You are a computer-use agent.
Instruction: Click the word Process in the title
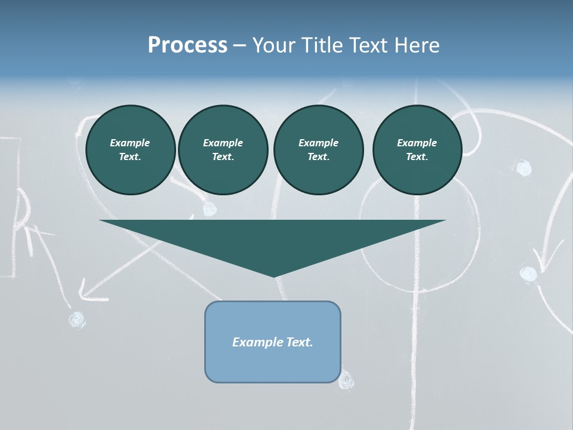point(187,45)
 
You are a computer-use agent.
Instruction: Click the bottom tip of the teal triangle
point(274,275)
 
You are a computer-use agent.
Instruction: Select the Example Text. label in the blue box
point(272,342)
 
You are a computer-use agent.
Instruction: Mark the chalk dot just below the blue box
point(346,379)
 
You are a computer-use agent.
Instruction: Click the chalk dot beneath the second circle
point(209,208)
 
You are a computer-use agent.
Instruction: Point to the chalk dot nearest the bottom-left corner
point(76,320)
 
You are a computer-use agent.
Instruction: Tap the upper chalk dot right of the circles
point(523,168)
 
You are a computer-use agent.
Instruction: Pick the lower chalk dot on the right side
point(528,274)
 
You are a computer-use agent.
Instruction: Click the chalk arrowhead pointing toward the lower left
point(87,293)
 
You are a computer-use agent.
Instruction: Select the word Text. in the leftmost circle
point(130,156)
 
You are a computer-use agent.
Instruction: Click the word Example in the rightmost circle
point(417,143)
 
